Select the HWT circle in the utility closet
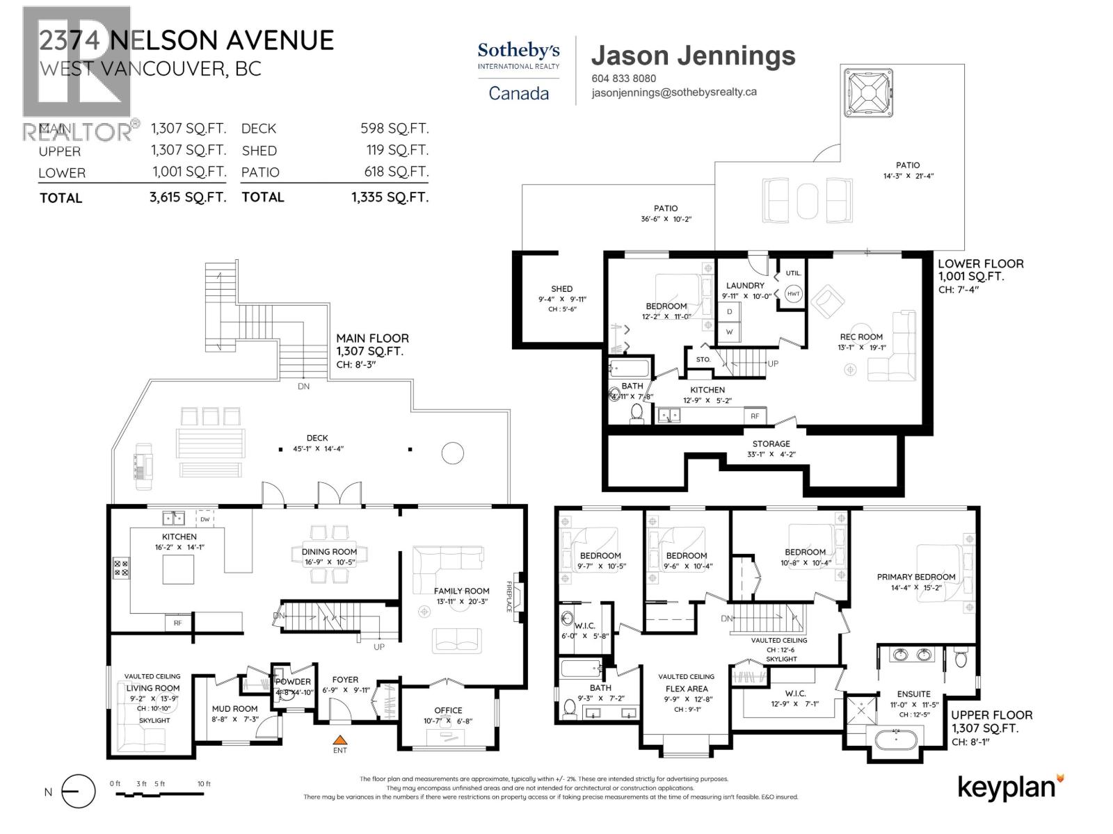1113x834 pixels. (x=794, y=293)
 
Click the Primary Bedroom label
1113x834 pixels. (x=915, y=577)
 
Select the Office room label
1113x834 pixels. (x=448, y=710)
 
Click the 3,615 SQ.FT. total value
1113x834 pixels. (x=188, y=197)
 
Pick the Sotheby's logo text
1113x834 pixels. (x=518, y=51)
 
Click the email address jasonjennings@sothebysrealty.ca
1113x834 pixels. (x=674, y=92)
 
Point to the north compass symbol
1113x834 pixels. (x=78, y=791)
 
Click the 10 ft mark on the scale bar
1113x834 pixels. (x=203, y=784)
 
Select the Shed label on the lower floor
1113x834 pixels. (x=561, y=288)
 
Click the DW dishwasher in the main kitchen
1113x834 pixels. (x=205, y=519)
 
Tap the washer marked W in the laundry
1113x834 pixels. (x=729, y=332)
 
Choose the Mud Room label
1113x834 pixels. (x=234, y=709)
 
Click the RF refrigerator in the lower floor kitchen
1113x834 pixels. (x=755, y=416)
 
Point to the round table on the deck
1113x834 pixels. (x=452, y=453)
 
